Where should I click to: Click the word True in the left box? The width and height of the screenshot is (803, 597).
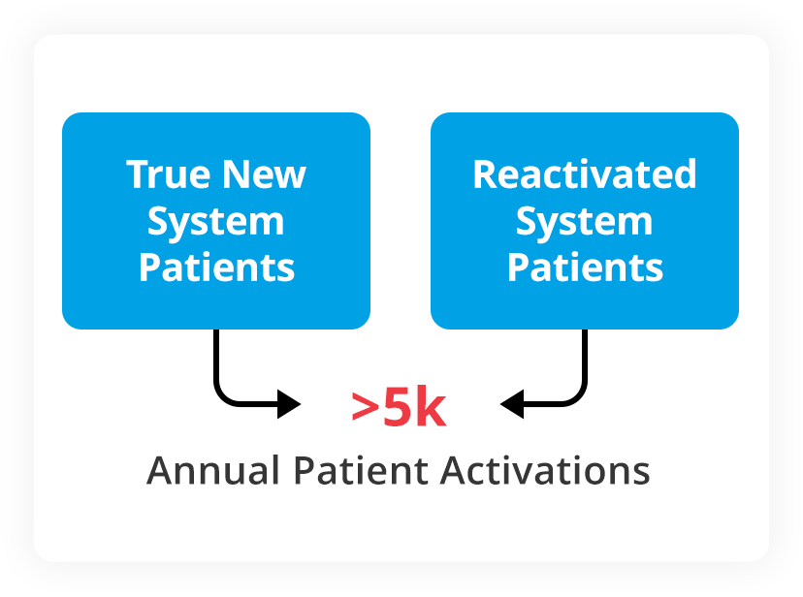(x=168, y=175)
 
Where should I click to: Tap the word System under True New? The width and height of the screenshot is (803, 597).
(x=215, y=222)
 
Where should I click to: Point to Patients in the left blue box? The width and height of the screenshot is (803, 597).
(x=216, y=267)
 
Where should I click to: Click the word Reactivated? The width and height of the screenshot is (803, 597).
(x=585, y=175)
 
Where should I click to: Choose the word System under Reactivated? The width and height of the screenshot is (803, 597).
(x=584, y=222)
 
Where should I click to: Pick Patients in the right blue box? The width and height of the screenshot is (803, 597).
(x=585, y=267)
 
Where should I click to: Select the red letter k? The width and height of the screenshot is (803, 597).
(x=431, y=408)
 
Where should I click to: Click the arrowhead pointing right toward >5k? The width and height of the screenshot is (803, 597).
(x=289, y=403)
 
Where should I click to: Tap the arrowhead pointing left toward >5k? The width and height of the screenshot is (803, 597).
(x=512, y=403)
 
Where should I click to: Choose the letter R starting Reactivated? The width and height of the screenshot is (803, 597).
(x=484, y=175)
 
